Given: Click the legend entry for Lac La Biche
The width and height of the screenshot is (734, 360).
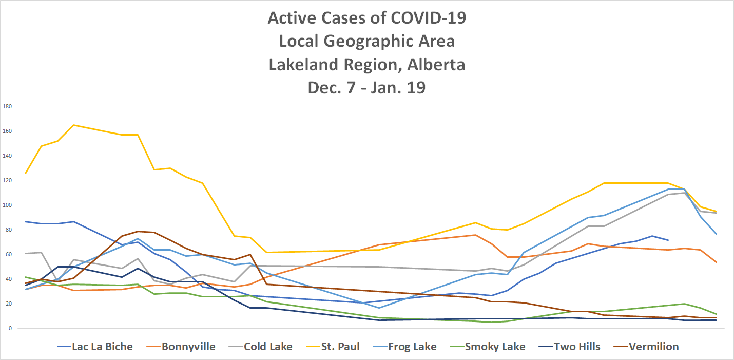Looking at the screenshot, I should [102, 347].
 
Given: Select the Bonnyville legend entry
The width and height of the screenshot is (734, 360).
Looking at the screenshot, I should [188, 347].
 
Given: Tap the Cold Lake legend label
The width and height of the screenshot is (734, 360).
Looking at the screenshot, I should [268, 347].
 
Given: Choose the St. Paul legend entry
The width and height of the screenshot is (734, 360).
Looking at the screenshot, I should [340, 347].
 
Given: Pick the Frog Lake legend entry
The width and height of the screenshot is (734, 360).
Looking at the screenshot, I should [412, 347].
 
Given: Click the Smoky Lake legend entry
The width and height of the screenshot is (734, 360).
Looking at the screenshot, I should [495, 347].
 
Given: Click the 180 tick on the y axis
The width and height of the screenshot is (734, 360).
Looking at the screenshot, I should [7, 107].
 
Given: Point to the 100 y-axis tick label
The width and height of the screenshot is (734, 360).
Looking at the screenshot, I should [7, 205].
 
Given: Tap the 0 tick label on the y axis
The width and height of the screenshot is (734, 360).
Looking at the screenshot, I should [10, 329].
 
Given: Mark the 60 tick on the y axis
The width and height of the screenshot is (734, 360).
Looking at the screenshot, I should [8, 255].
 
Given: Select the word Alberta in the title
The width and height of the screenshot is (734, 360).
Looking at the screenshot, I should [434, 65].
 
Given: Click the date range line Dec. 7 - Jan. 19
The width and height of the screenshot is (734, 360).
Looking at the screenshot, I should [366, 88].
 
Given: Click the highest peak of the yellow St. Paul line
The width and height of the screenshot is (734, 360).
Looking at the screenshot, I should [73, 125].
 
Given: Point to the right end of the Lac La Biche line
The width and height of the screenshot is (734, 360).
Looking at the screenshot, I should [668, 240].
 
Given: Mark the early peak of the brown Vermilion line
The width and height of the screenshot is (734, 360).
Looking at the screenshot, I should [138, 231].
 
